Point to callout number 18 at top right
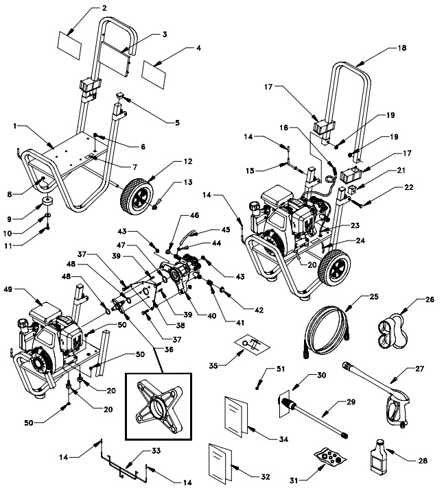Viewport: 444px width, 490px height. (401, 49)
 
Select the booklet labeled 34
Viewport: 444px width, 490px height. (235, 415)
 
